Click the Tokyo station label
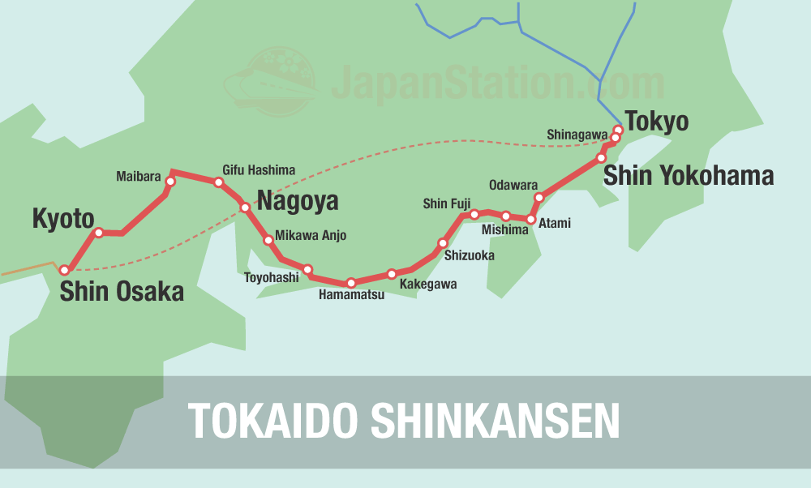[656, 122]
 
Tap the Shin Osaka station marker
[65, 271]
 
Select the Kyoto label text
[63, 218]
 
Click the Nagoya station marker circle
[246, 208]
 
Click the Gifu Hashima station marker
[218, 182]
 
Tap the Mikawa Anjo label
[311, 236]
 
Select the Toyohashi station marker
[307, 269]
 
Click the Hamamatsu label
[351, 295]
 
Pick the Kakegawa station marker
[392, 274]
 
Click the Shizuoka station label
[469, 255]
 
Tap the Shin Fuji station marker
[474, 215]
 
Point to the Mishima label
[504, 229]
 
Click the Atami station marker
[531, 220]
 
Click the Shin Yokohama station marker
[601, 158]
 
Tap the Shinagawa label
[576, 135]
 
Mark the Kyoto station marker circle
[99, 233]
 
